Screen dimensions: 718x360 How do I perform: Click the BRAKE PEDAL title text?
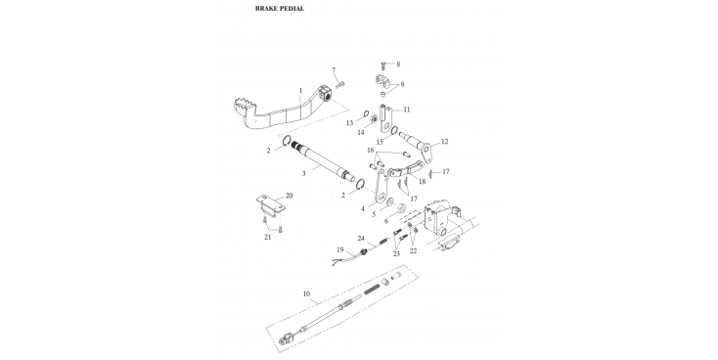280,8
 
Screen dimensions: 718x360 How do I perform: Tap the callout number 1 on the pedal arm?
301,91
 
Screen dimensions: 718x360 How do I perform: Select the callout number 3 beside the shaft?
303,173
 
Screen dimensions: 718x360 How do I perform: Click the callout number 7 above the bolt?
334,70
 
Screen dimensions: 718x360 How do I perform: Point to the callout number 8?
398,65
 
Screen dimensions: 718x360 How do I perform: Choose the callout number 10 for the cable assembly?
307,293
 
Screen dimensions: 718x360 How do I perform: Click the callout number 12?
444,142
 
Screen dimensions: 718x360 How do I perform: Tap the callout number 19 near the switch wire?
340,249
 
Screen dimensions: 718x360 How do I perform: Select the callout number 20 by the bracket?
289,196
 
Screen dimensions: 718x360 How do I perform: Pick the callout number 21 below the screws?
267,237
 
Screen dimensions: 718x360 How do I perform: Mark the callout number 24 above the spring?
361,238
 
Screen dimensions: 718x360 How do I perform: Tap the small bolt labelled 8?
383,64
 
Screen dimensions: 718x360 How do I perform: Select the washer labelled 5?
389,202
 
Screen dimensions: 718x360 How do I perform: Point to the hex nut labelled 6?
399,207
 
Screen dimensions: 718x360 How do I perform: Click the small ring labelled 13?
366,113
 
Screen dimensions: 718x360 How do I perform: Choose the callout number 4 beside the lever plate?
363,208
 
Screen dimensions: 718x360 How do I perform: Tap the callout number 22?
413,250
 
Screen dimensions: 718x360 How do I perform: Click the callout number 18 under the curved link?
422,181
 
